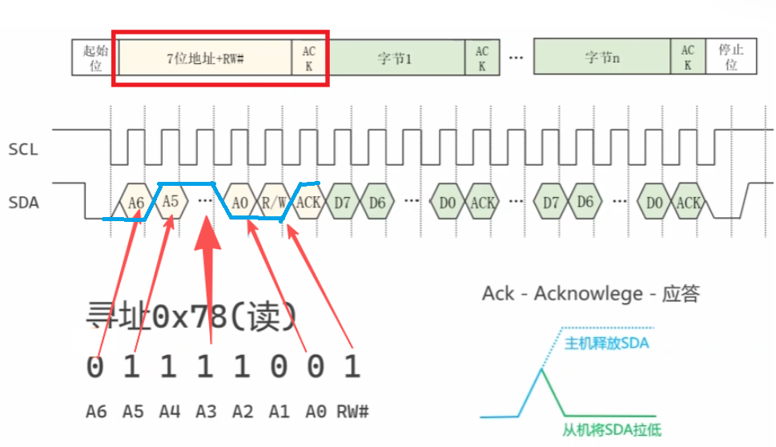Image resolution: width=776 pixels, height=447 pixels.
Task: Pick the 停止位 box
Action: coord(731,58)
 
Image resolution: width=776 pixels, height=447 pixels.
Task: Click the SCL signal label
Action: coord(23,150)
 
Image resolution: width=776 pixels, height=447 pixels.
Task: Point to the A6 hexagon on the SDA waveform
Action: coord(136,203)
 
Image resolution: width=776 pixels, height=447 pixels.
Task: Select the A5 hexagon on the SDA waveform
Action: coord(171,201)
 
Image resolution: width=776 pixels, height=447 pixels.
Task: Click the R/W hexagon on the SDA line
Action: coord(274,203)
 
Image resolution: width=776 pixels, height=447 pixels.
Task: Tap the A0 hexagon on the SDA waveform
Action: coord(240,203)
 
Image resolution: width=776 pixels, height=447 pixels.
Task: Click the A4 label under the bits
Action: coord(169,412)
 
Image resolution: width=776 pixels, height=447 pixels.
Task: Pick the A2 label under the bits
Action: coord(243,412)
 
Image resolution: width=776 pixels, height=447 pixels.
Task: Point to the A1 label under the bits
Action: coord(279,412)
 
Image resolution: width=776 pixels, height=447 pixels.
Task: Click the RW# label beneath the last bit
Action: coord(352,412)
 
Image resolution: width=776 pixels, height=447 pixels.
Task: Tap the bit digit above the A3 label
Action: coord(207,368)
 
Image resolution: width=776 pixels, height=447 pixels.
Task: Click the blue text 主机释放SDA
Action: coord(607,344)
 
